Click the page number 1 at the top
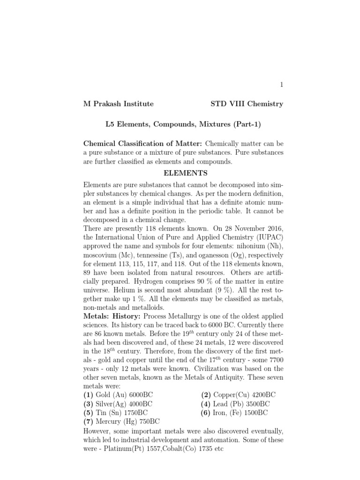(x=281, y=85)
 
